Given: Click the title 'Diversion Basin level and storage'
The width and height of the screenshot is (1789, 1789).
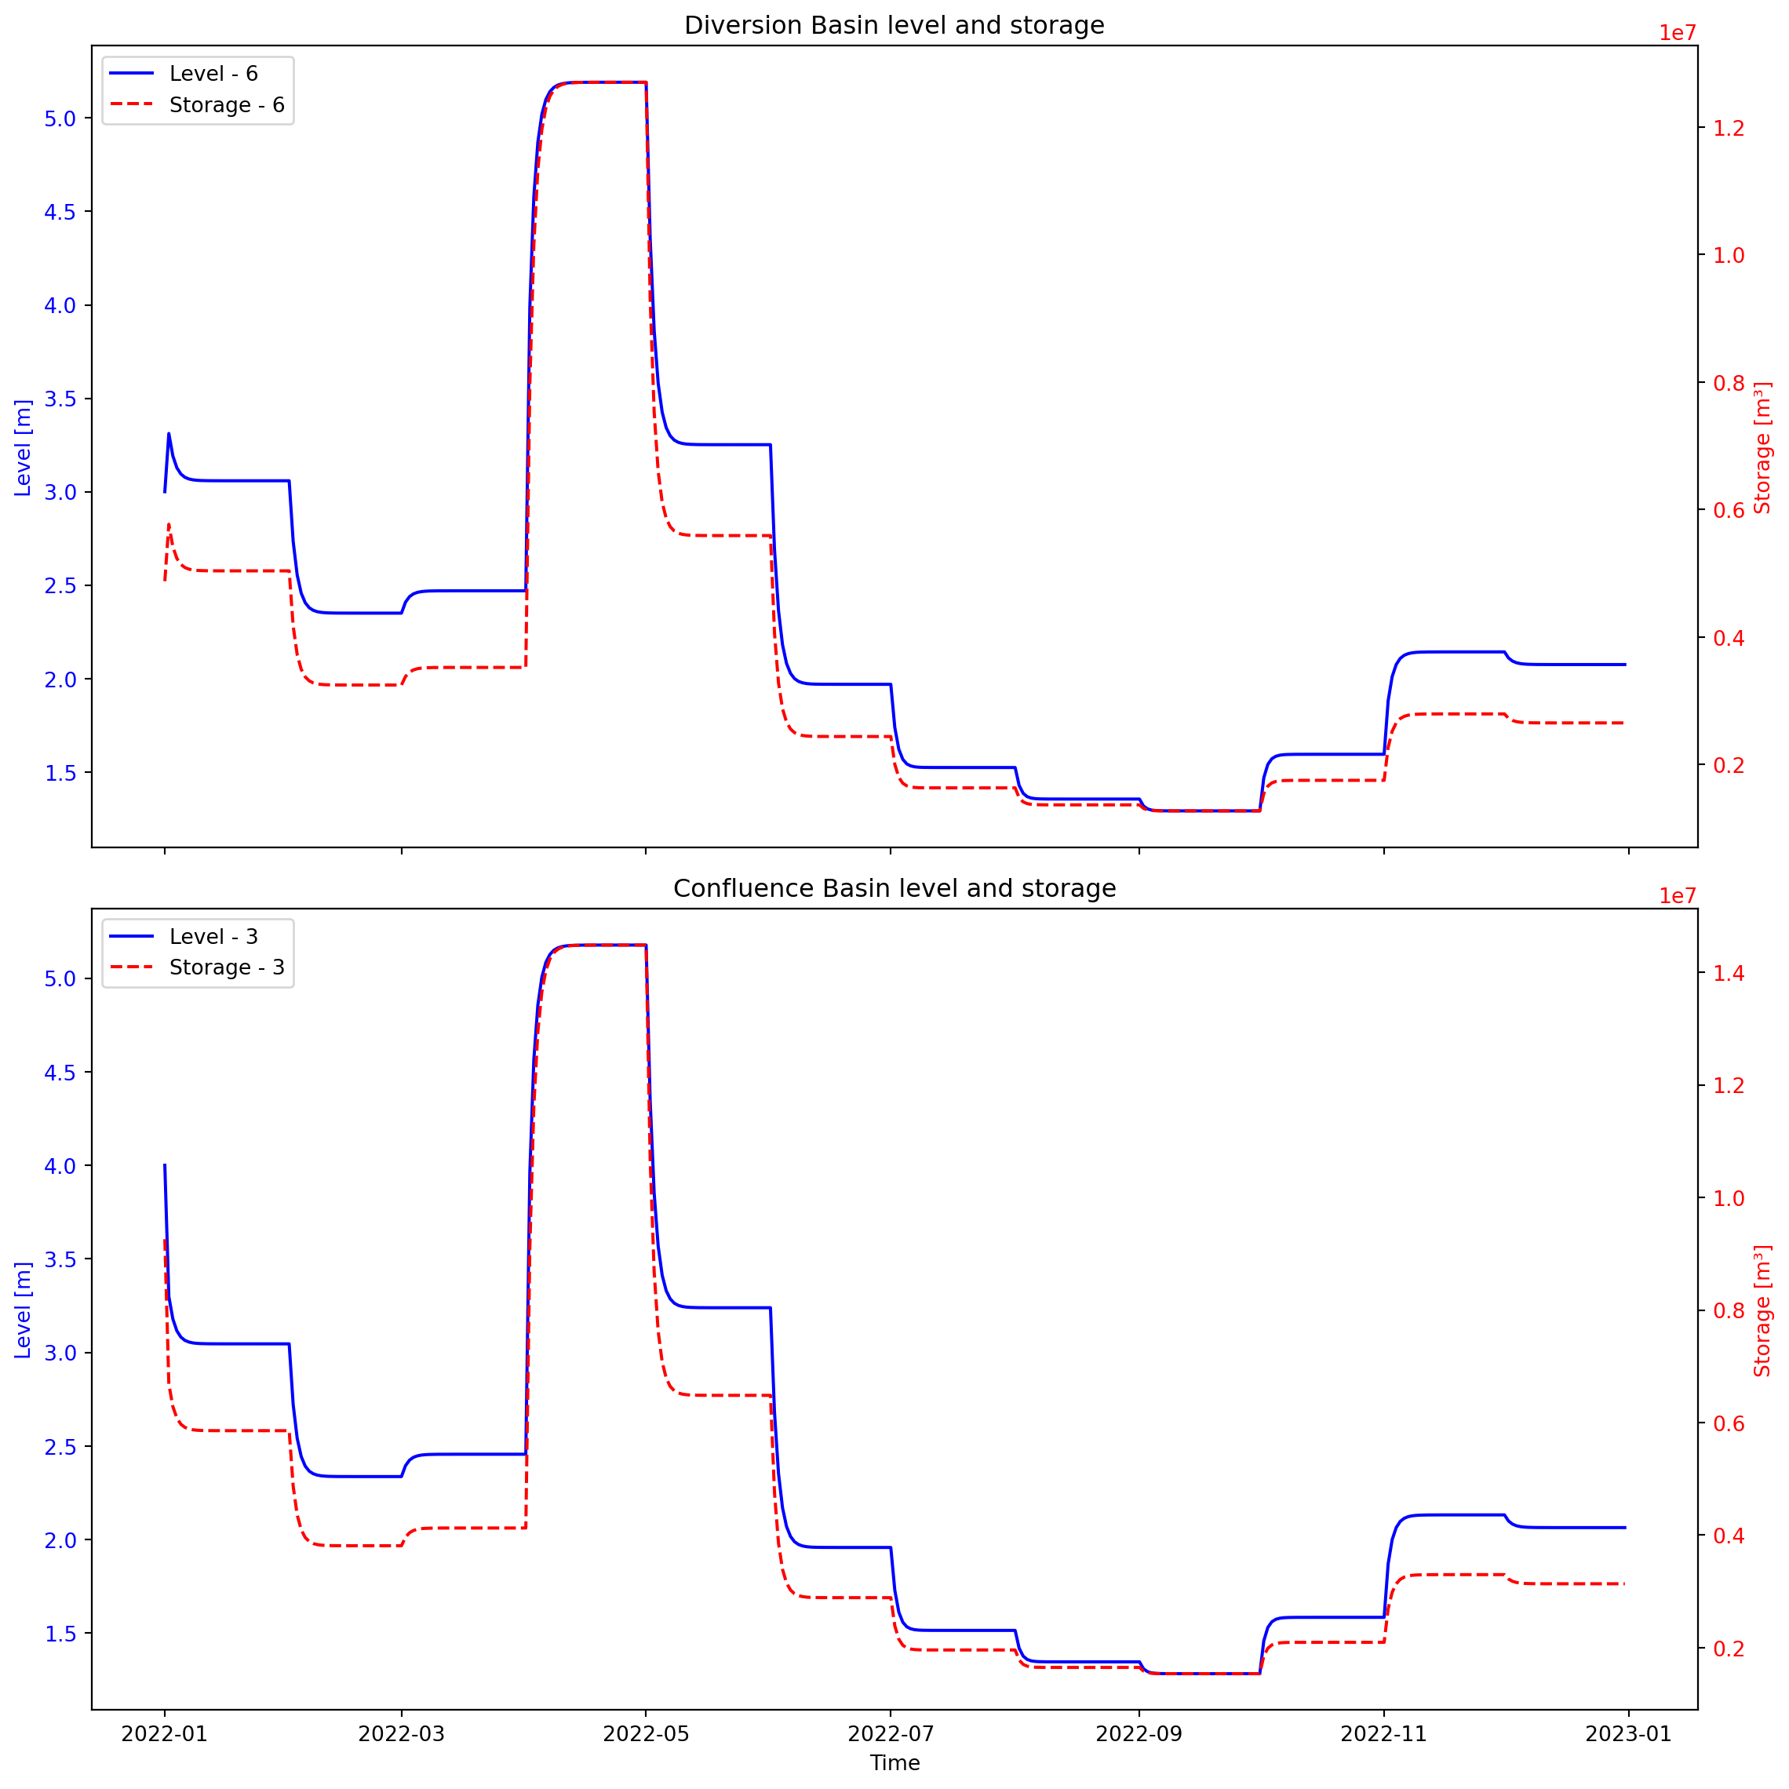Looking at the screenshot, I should click(x=894, y=25).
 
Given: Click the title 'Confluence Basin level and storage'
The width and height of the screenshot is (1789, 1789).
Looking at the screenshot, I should click(x=894, y=888).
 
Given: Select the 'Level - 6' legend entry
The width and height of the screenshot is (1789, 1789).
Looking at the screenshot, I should click(x=213, y=74).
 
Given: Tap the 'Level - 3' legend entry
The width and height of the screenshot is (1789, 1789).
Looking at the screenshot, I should click(x=213, y=936).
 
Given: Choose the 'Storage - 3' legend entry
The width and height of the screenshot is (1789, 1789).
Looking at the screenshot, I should click(x=226, y=967).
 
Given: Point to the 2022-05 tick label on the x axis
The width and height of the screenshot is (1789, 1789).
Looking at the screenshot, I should click(x=646, y=1733).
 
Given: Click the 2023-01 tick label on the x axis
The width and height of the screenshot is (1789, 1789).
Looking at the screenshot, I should click(x=1628, y=1733).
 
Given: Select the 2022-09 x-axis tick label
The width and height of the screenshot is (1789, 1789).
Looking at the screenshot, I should click(x=1139, y=1733).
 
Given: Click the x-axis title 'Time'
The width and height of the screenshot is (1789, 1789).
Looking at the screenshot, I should click(x=894, y=1763).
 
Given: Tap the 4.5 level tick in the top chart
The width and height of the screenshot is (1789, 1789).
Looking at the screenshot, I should click(x=60, y=212).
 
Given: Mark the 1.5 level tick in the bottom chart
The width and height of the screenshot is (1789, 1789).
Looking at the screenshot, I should click(x=60, y=1634).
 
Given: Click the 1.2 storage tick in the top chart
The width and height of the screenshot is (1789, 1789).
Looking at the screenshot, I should click(x=1728, y=128).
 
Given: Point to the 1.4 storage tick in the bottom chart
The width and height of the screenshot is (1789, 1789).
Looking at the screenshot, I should click(x=1728, y=972).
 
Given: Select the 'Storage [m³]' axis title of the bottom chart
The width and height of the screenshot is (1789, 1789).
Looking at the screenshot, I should click(x=1762, y=1310).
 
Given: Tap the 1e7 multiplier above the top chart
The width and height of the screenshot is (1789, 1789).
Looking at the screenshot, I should click(x=1677, y=33).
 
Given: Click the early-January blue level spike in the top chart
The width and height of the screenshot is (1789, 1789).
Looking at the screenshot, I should click(x=169, y=433).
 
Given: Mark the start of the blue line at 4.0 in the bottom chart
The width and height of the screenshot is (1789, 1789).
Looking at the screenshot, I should click(x=165, y=1165).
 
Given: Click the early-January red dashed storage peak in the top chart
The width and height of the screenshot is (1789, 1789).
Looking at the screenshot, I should click(x=169, y=525).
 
